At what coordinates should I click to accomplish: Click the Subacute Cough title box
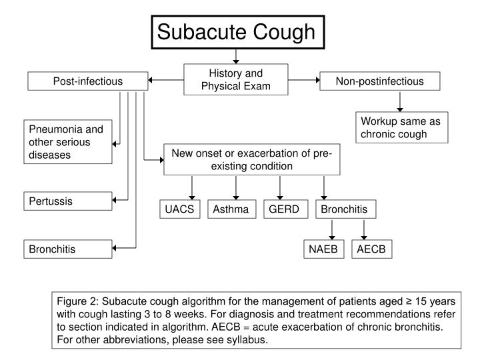pos(236,31)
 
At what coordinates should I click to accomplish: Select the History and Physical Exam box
pos(236,79)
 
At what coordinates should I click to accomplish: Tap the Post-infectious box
pos(87,81)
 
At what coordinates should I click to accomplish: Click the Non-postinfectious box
pos(379,81)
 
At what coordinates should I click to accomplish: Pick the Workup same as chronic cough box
pos(402,127)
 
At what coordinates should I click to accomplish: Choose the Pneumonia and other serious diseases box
pos(69,142)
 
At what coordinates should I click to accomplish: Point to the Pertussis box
pos(69,200)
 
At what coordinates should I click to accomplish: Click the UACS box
pos(180,210)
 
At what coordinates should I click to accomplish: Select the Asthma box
pos(231,210)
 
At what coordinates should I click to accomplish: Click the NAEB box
pos(323,249)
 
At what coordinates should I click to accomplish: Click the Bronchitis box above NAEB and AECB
pos(344,210)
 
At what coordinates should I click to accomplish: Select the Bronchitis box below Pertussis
pos(69,249)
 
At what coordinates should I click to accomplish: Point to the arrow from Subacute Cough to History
pos(236,57)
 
